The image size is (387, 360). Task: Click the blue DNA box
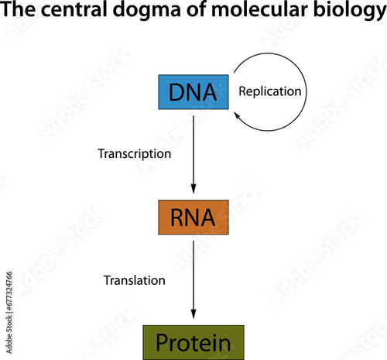click(x=193, y=92)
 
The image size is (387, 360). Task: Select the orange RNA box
click(x=193, y=218)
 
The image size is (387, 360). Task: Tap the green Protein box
click(x=193, y=343)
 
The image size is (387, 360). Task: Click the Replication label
click(x=270, y=91)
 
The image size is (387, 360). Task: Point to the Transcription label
click(x=135, y=154)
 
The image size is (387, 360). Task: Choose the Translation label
click(x=135, y=280)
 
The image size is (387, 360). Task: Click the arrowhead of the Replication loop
click(x=237, y=115)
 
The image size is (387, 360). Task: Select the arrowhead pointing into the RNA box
click(x=193, y=189)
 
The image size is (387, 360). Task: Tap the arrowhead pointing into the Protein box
click(x=193, y=314)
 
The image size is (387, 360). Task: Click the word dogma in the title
click(x=146, y=10)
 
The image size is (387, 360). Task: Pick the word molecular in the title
click(x=259, y=9)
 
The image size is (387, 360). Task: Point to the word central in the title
click(x=74, y=9)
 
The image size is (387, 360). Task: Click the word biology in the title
click(x=350, y=10)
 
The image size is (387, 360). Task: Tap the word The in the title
click(x=18, y=9)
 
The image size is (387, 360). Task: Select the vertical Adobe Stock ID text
click(x=9, y=313)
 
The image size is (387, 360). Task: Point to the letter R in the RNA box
click(x=178, y=218)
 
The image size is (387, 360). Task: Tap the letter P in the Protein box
click(x=163, y=342)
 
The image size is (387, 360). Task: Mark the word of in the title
click(x=196, y=9)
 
